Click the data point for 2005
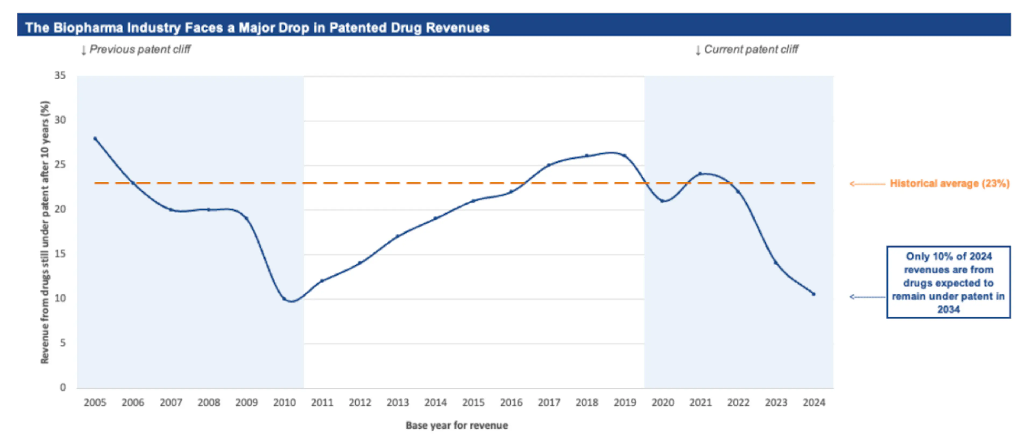[95, 138]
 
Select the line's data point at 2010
[284, 299]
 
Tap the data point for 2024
[814, 294]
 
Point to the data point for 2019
[624, 156]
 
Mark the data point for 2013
[397, 236]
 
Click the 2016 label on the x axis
[511, 402]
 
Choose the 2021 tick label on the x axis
[700, 402]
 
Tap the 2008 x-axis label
[208, 402]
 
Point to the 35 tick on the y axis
[60, 75]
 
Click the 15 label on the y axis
[60, 254]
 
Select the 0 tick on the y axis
[63, 387]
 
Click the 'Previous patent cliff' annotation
[140, 49]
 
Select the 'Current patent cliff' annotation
[751, 49]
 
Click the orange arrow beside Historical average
[867, 184]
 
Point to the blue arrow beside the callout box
[867, 297]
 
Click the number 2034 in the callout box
[948, 310]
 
